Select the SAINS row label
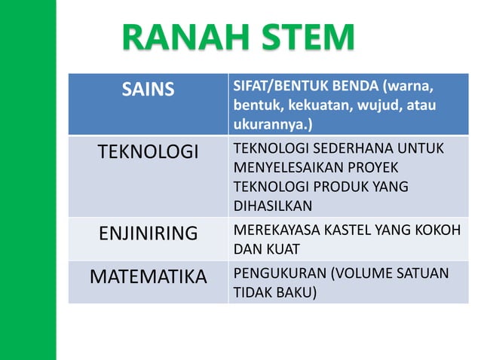148,90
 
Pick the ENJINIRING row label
148,233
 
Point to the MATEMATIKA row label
148,276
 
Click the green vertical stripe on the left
27,180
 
